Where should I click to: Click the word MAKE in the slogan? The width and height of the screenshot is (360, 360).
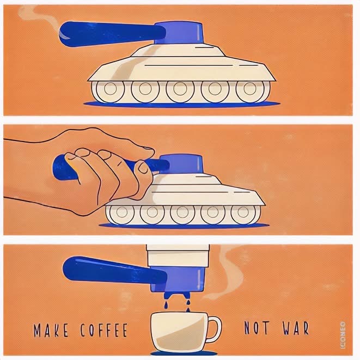51,330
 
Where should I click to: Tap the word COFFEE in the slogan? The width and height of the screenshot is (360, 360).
104,330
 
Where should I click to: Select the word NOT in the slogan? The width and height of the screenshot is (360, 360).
257,327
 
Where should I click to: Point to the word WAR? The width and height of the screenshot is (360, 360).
296,328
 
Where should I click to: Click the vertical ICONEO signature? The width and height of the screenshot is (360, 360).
343,335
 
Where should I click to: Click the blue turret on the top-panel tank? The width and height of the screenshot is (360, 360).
179,33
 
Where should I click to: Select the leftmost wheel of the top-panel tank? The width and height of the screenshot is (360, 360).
110,89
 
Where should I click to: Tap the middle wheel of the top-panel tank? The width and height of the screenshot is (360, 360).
180,89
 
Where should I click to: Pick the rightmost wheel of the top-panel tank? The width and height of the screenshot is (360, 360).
250,89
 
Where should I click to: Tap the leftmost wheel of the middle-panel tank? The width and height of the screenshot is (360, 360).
122,212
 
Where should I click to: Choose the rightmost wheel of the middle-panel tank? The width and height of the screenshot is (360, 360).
243,212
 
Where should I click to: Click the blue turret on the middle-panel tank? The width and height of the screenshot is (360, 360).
181,163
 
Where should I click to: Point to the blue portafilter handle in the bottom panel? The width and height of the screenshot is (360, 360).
114,271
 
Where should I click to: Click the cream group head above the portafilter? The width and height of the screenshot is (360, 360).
178,255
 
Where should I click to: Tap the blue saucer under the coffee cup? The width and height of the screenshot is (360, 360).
184,353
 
